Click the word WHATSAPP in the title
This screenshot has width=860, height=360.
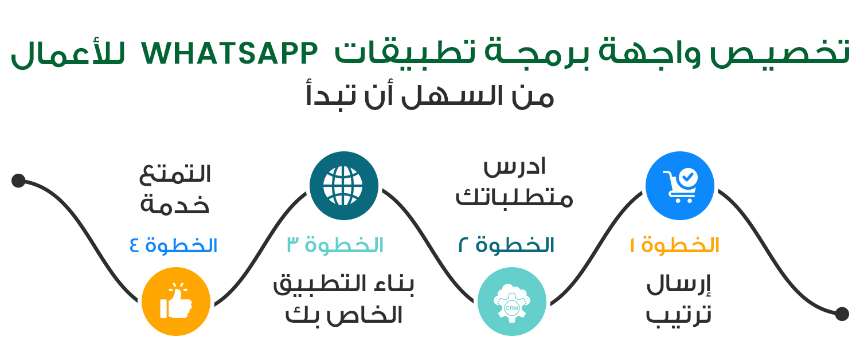tap(229, 54)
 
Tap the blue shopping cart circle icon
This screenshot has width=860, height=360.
tap(679, 186)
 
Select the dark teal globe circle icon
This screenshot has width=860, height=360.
tap(344, 186)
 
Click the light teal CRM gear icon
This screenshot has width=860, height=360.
tap(512, 302)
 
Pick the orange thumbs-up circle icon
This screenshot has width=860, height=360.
tap(176, 302)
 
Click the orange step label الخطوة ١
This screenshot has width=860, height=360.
tap(675, 245)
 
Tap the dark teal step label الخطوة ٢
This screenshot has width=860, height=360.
tap(506, 245)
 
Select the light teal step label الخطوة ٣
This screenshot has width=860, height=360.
tap(335, 245)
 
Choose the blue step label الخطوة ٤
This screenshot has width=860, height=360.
tap(174, 245)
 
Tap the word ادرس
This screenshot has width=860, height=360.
tap(514, 167)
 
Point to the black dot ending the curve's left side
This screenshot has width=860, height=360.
tap(18, 181)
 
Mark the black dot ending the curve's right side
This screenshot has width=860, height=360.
tap(842, 314)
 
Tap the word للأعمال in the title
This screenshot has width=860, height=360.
tap(68, 54)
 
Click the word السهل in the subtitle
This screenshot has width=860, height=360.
tap(452, 96)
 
